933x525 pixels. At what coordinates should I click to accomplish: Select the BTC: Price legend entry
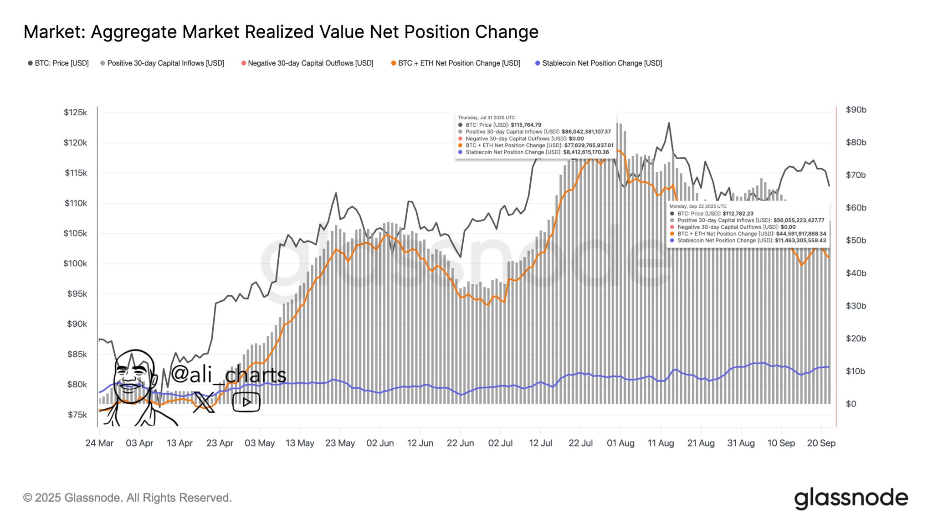(x=58, y=63)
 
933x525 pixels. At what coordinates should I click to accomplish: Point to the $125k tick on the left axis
(x=75, y=113)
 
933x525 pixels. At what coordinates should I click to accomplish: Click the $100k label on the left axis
(x=75, y=263)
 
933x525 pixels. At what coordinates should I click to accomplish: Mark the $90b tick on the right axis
(x=856, y=110)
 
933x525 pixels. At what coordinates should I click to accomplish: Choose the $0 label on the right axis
(x=851, y=404)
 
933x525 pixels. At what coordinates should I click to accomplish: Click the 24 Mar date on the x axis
(x=99, y=443)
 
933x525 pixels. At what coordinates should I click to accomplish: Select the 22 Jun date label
(x=460, y=443)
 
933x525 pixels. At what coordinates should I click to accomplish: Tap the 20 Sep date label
(x=821, y=443)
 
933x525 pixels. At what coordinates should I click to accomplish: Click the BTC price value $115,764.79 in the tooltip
(x=526, y=125)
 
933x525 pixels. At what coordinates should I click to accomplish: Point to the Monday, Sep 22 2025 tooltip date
(x=698, y=206)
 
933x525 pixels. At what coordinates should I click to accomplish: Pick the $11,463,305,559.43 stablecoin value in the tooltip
(x=800, y=241)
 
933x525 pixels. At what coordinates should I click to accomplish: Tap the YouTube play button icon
(x=246, y=402)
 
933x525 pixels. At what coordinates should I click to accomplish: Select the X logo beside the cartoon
(x=203, y=402)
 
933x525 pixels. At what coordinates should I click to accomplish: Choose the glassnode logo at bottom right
(x=851, y=498)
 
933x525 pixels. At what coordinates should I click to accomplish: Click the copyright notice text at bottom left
(x=128, y=498)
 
